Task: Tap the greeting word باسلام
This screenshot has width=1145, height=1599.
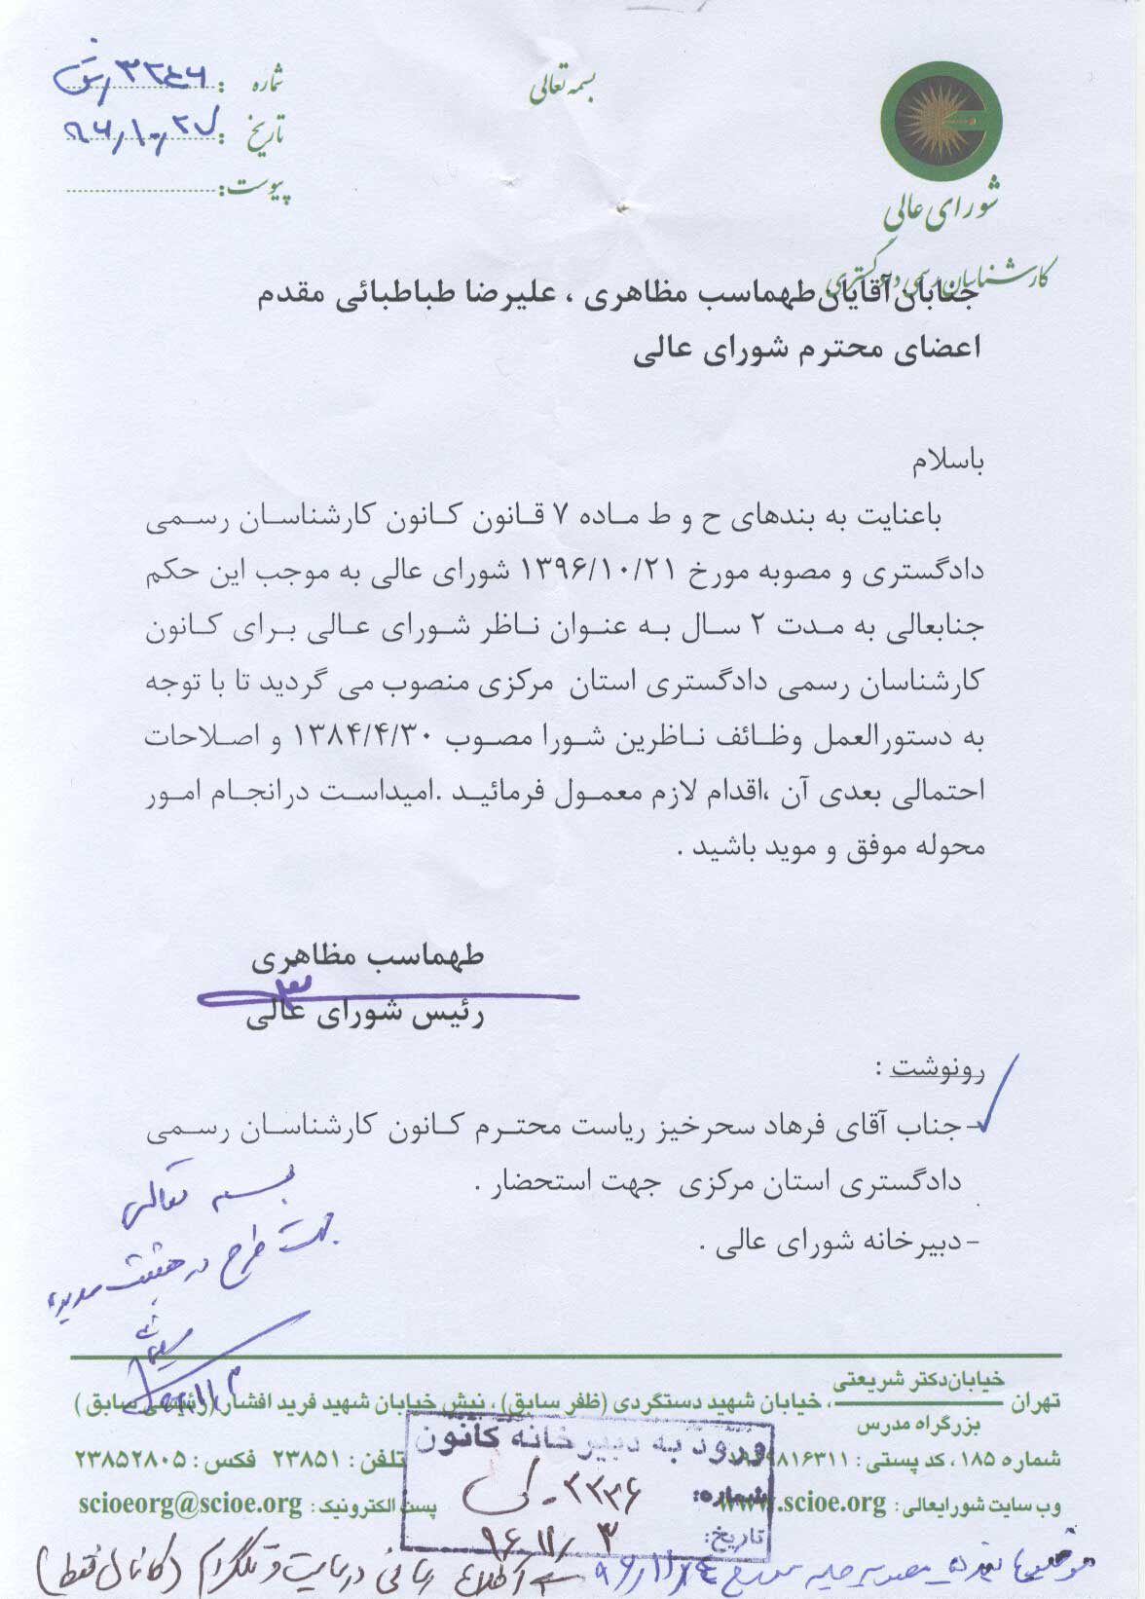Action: pos(949,464)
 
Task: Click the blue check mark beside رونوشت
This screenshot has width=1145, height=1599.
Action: pos(997,1096)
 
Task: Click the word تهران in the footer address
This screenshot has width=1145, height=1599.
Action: pos(1035,1403)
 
